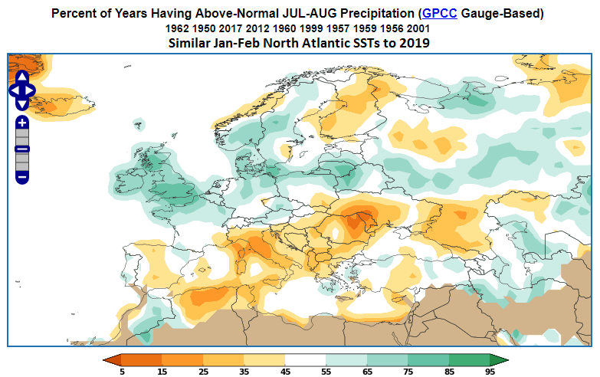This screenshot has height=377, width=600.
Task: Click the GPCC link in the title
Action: [x=439, y=13]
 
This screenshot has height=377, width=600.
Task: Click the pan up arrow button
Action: [x=22, y=77]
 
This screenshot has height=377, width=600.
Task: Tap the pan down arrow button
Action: [x=22, y=104]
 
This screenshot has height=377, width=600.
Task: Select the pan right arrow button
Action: [x=30, y=90]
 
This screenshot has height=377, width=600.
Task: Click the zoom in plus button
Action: [x=22, y=123]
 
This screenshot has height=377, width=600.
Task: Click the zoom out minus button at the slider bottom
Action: [x=22, y=177]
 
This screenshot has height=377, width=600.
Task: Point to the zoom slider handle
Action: [x=22, y=149]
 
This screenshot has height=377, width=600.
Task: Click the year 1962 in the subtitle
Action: [x=177, y=28]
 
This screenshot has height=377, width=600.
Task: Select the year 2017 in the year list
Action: [x=231, y=28]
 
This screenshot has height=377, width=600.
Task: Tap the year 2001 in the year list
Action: [x=418, y=28]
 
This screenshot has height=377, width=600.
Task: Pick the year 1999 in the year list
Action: [x=311, y=28]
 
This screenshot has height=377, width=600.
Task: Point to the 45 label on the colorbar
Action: [x=285, y=372]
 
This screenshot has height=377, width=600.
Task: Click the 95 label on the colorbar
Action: [x=490, y=372]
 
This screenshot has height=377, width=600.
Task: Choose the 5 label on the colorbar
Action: [x=122, y=372]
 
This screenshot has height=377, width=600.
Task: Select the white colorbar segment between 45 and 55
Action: [x=305, y=360]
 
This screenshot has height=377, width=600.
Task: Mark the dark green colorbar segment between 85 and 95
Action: [x=469, y=360]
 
